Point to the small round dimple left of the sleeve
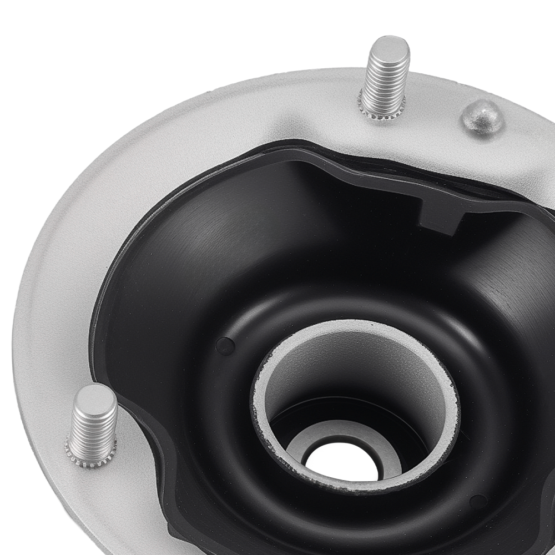click(x=225, y=346)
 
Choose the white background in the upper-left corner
click(x=44, y=44)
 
